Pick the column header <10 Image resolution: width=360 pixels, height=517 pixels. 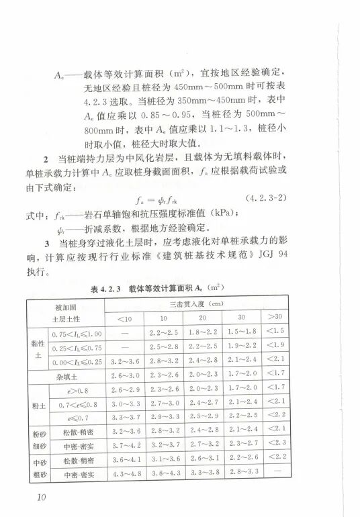125,318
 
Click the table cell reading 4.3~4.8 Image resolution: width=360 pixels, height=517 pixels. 125,474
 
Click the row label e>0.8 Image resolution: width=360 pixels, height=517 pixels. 75,387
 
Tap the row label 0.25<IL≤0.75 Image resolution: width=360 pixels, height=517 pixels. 75,346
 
